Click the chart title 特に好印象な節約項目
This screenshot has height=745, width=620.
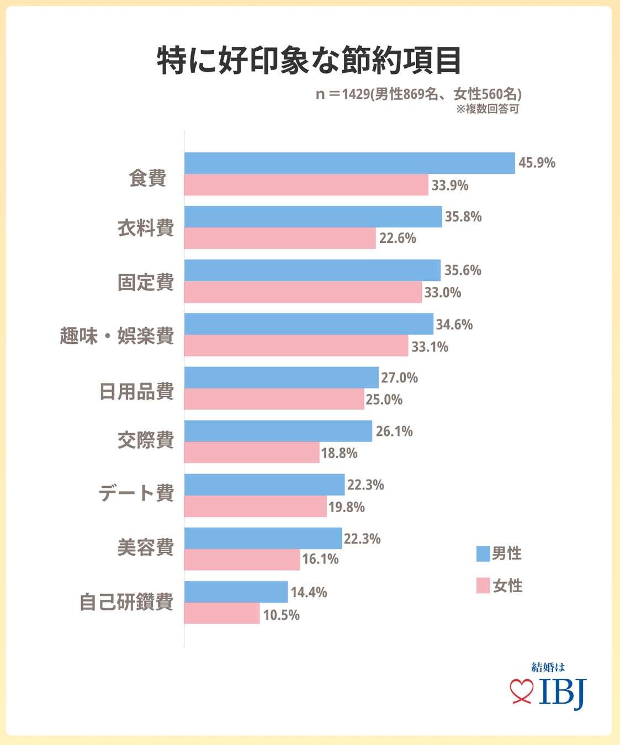coord(309,60)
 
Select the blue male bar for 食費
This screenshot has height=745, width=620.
coord(349,163)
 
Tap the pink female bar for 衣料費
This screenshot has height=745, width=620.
coord(279,238)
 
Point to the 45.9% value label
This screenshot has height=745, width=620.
coord(537,163)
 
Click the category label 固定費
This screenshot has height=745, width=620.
coord(146,282)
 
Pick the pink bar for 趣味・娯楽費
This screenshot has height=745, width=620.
coord(296,345)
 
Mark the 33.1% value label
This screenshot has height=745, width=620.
coord(430,347)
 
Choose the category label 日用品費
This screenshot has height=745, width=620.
coord(137,391)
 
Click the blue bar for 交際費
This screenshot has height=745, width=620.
coord(278,431)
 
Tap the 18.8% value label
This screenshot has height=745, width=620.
coord(339,454)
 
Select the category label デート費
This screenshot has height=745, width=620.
coord(136,492)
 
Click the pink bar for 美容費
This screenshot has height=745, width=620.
coord(242,560)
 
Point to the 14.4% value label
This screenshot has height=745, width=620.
coord(309,593)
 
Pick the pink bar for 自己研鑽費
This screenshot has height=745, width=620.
coord(221,613)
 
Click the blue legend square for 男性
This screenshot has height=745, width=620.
coord(483,554)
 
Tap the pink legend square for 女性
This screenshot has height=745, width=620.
coord(483,586)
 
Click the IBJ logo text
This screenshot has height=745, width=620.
coord(562,691)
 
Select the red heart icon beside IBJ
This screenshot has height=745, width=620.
coord(521,692)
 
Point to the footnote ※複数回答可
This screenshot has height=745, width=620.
coord(487,109)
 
